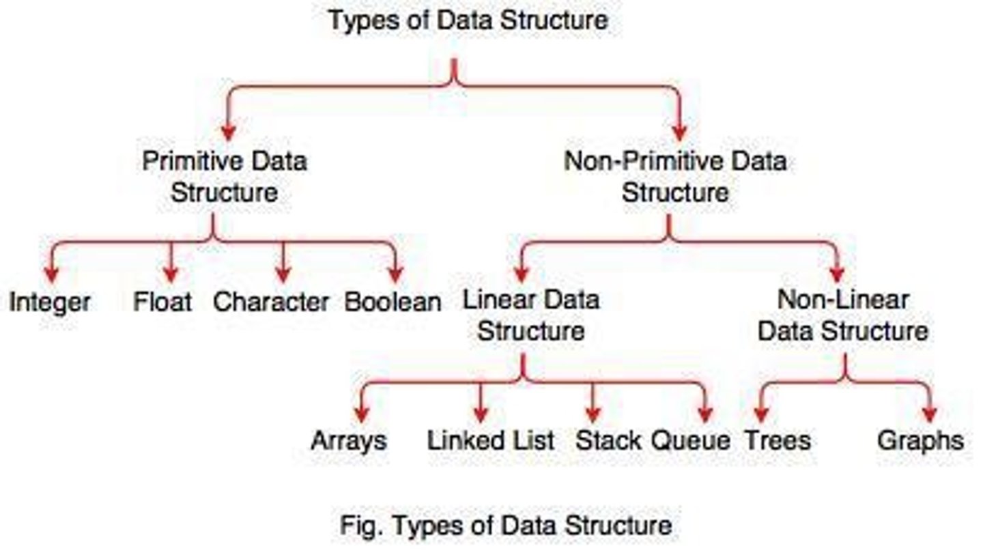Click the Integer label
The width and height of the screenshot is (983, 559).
pos(49,302)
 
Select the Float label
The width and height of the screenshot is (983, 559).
pos(162,301)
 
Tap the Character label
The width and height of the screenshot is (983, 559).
pos(271,302)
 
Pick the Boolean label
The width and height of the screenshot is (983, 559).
pos(393,302)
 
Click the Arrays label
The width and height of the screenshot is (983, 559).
pos(349,441)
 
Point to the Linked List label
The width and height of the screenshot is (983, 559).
pos(491,440)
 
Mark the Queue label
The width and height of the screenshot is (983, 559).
pos(690,440)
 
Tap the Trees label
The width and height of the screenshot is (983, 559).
pos(778,440)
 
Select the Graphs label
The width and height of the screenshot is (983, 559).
pos(920,441)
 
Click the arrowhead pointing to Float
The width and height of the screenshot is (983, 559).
pos(170,274)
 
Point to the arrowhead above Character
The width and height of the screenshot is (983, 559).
pos(283,274)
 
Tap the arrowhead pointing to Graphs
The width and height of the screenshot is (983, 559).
pos(929,414)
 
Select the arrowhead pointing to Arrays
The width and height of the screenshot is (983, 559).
pos(362,414)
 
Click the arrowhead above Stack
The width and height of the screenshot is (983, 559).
pos(593,414)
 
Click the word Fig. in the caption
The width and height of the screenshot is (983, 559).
pos(355,526)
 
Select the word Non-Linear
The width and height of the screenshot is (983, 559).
pos(843,300)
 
